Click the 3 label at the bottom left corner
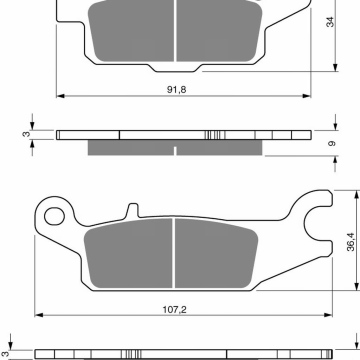tap(5, 343)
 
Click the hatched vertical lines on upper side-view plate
tap(213, 135)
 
